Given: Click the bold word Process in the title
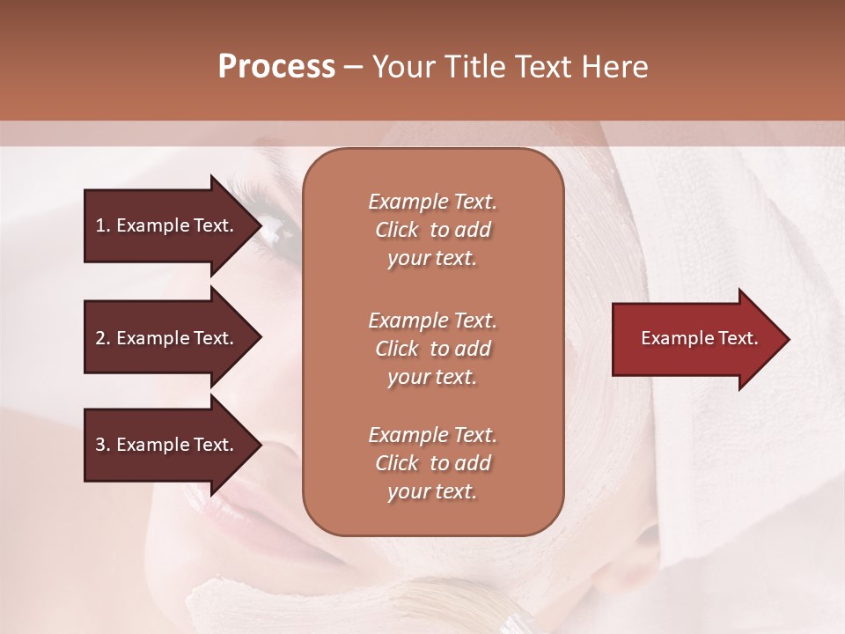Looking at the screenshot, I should point(276,67).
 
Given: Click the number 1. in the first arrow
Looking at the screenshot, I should point(103,225).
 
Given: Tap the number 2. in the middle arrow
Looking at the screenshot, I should point(103,338).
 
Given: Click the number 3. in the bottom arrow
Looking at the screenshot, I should point(103,445).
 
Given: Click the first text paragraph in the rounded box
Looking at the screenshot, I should point(432,230).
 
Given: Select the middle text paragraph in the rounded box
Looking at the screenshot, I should point(432,349).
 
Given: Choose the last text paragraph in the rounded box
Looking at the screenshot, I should point(432,463).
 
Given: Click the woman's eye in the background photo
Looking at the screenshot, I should point(280,231).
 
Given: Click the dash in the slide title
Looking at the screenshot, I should point(354,67).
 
